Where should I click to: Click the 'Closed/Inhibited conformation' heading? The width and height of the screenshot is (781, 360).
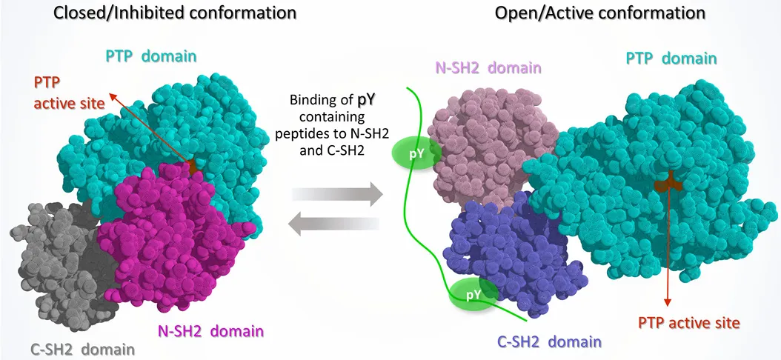148,13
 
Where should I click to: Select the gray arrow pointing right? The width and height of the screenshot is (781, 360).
337,195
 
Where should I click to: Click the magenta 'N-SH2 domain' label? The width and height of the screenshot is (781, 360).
210,328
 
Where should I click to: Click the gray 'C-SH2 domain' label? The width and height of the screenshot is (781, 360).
82,348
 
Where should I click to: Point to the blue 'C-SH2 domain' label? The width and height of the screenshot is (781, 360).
548,342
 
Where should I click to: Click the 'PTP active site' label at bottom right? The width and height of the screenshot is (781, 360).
689,323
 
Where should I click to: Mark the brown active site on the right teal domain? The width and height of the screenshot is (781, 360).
668,179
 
